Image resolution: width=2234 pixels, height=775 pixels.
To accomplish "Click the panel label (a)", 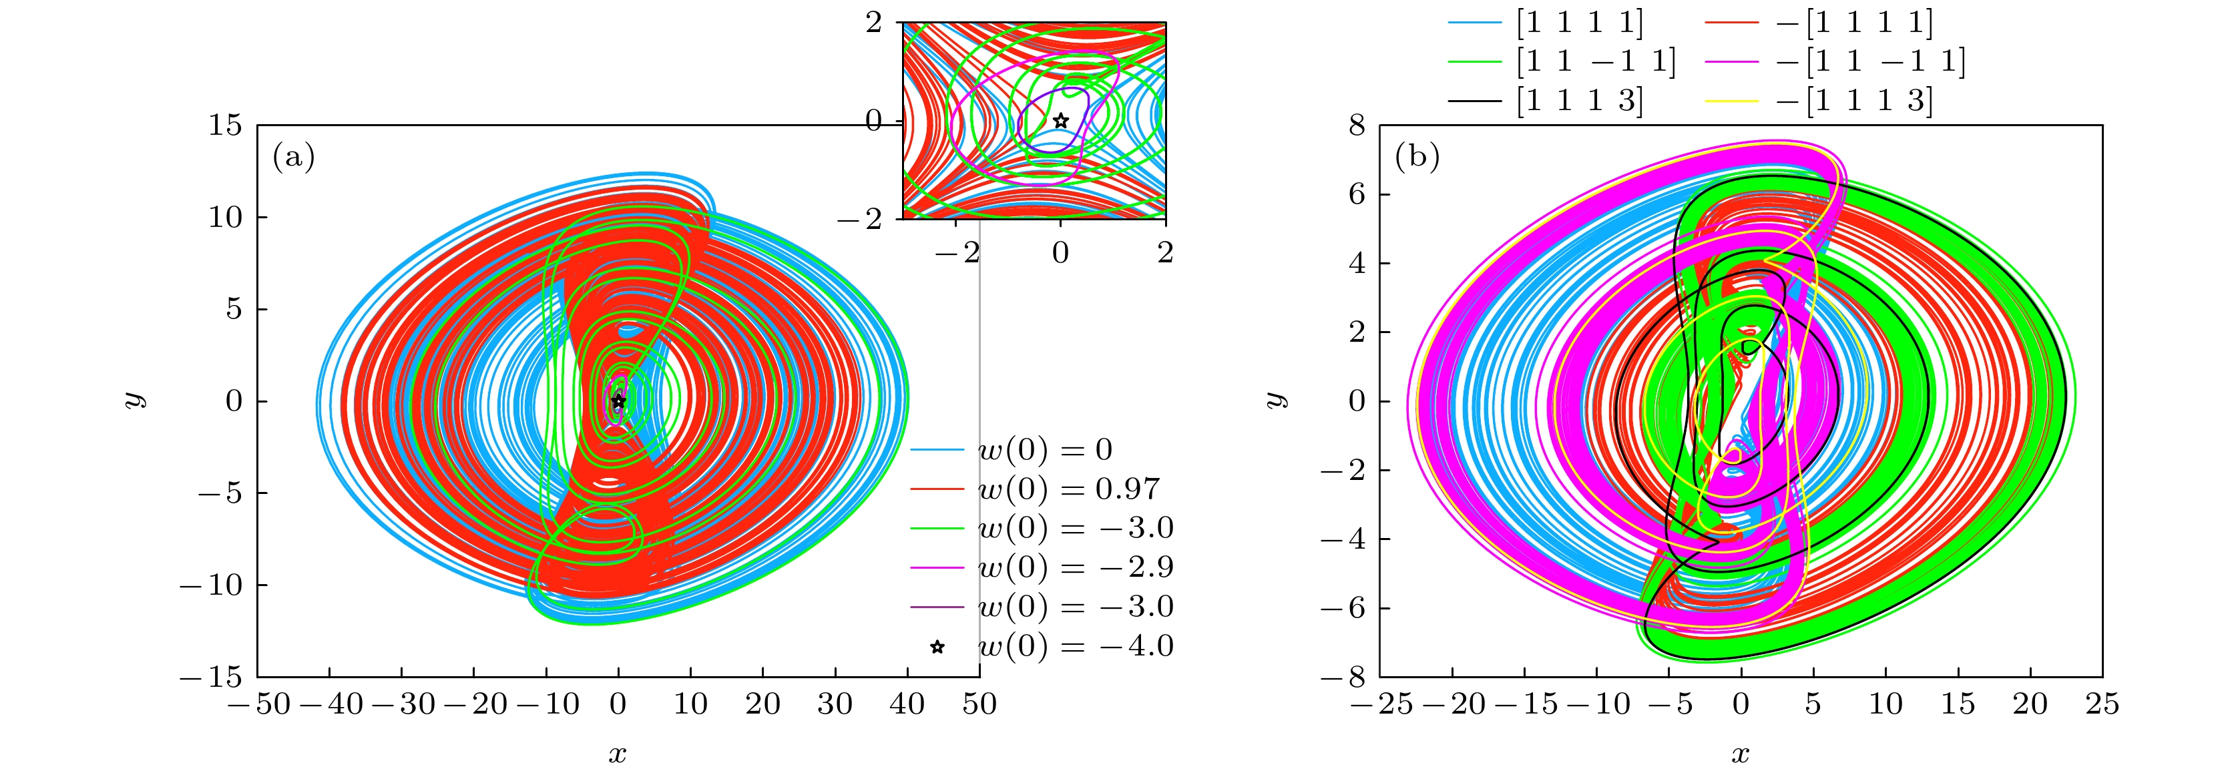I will click(293, 157).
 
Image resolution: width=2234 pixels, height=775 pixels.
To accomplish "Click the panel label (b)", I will click(1417, 157).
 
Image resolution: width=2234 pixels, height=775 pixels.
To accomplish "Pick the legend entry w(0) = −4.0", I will click(1076, 646).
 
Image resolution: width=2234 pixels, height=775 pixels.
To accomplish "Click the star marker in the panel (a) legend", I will click(937, 647).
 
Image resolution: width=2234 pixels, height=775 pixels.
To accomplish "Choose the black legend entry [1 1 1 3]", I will click(1579, 101).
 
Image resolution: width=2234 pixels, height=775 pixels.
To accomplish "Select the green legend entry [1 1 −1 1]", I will click(1596, 61).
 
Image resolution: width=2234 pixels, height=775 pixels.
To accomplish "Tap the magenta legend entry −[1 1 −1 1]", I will click(1869, 61).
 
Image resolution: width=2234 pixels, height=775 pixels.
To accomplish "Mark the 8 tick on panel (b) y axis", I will click(1357, 125).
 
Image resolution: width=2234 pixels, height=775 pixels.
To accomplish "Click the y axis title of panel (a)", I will click(134, 400).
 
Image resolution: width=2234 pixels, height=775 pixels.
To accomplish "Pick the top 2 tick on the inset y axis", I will click(874, 23).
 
